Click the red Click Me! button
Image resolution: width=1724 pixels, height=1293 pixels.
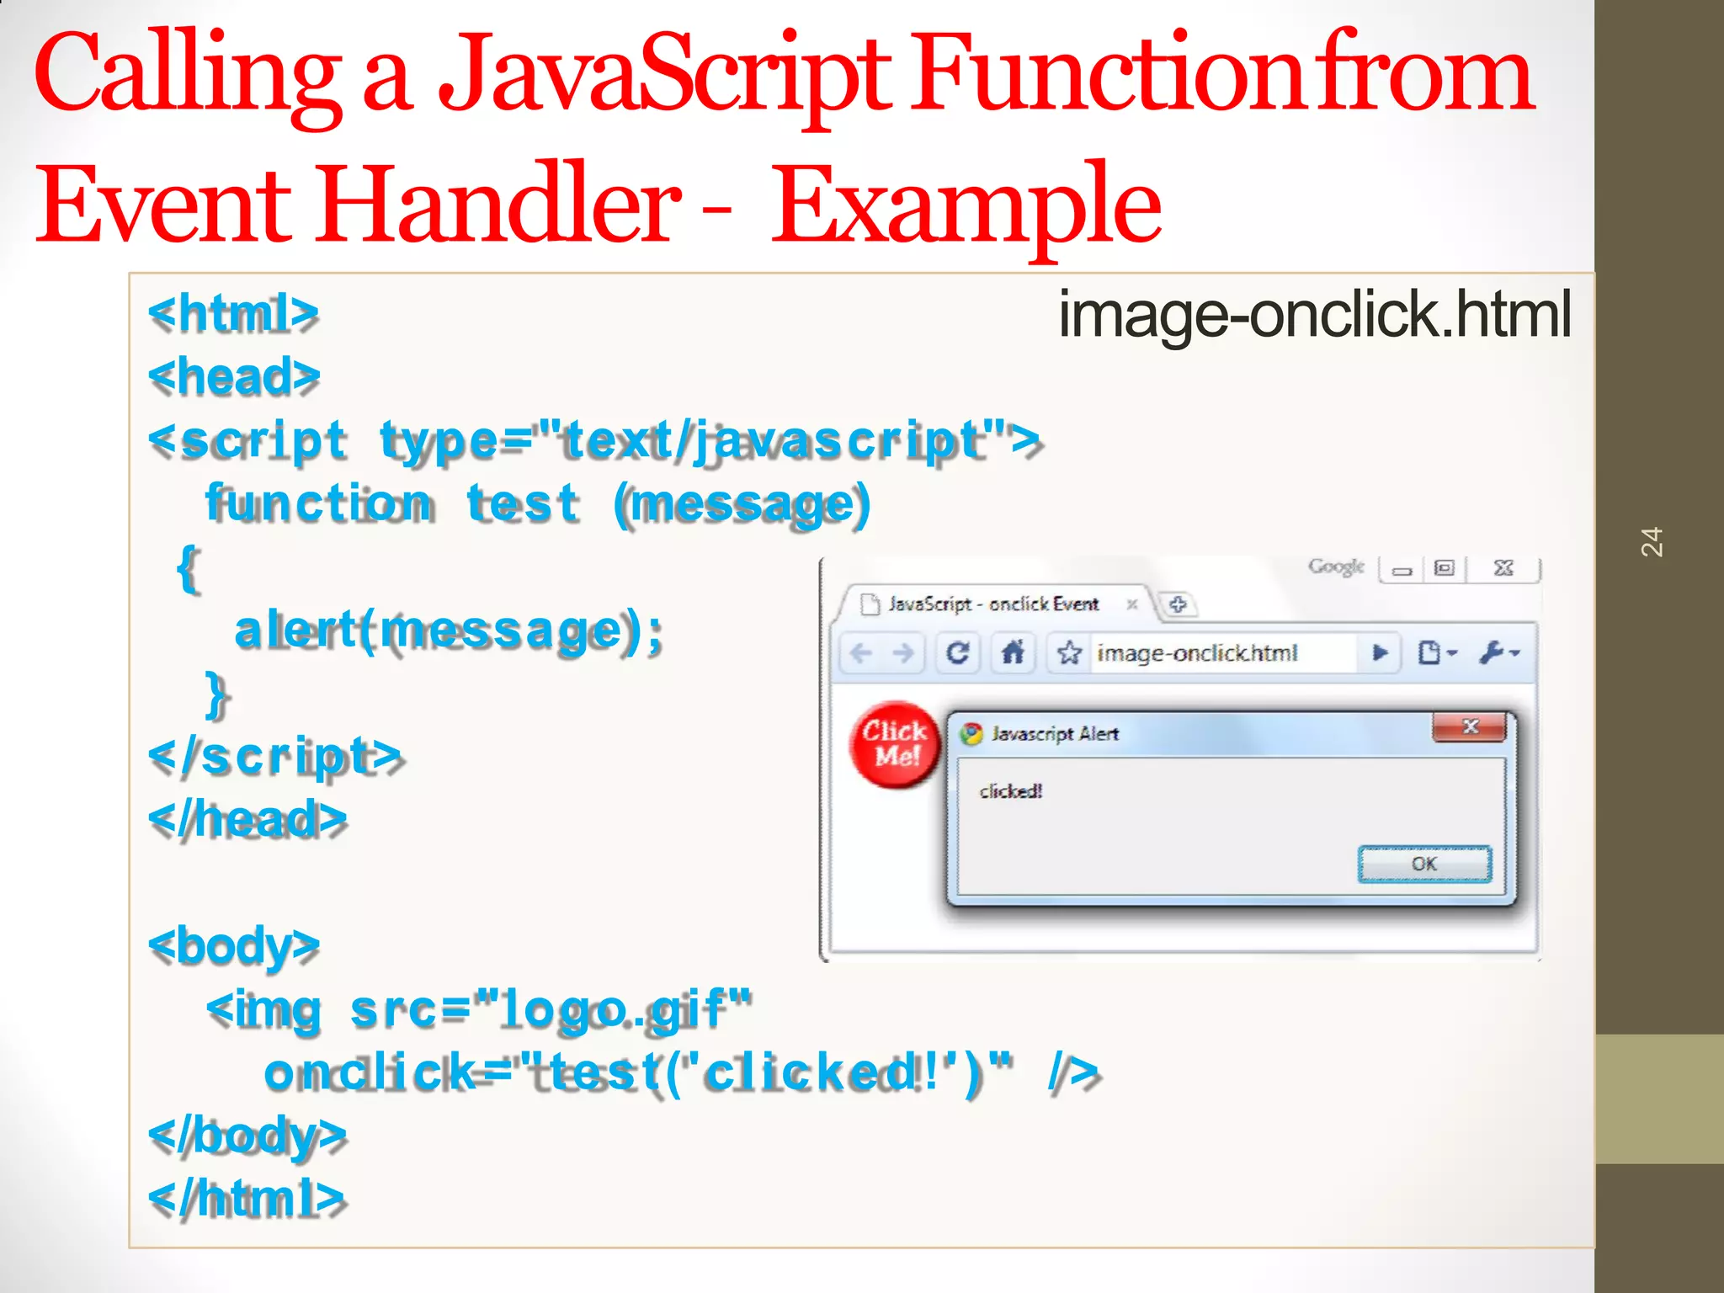click(x=895, y=744)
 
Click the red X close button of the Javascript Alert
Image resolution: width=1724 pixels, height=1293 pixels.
click(x=1469, y=726)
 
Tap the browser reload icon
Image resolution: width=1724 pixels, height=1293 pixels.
click(x=957, y=653)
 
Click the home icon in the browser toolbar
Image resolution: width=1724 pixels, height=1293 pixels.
click(x=1013, y=652)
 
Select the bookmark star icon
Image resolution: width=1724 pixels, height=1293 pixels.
click(x=1069, y=653)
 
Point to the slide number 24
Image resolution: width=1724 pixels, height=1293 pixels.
click(x=1652, y=542)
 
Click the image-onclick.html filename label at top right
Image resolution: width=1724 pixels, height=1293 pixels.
click(x=1313, y=314)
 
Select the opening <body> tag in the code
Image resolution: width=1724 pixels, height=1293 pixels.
click(x=234, y=946)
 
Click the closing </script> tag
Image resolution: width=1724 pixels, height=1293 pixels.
click(x=275, y=756)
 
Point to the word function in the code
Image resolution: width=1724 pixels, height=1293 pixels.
click(x=320, y=504)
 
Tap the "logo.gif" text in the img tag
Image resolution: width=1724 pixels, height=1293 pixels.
click(x=612, y=1009)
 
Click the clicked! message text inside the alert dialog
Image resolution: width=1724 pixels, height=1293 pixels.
click(x=1010, y=791)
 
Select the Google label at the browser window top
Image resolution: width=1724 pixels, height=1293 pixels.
click(x=1335, y=567)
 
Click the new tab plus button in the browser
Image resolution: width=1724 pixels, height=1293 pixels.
click(x=1178, y=604)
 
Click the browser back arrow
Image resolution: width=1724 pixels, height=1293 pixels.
click(x=861, y=653)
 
